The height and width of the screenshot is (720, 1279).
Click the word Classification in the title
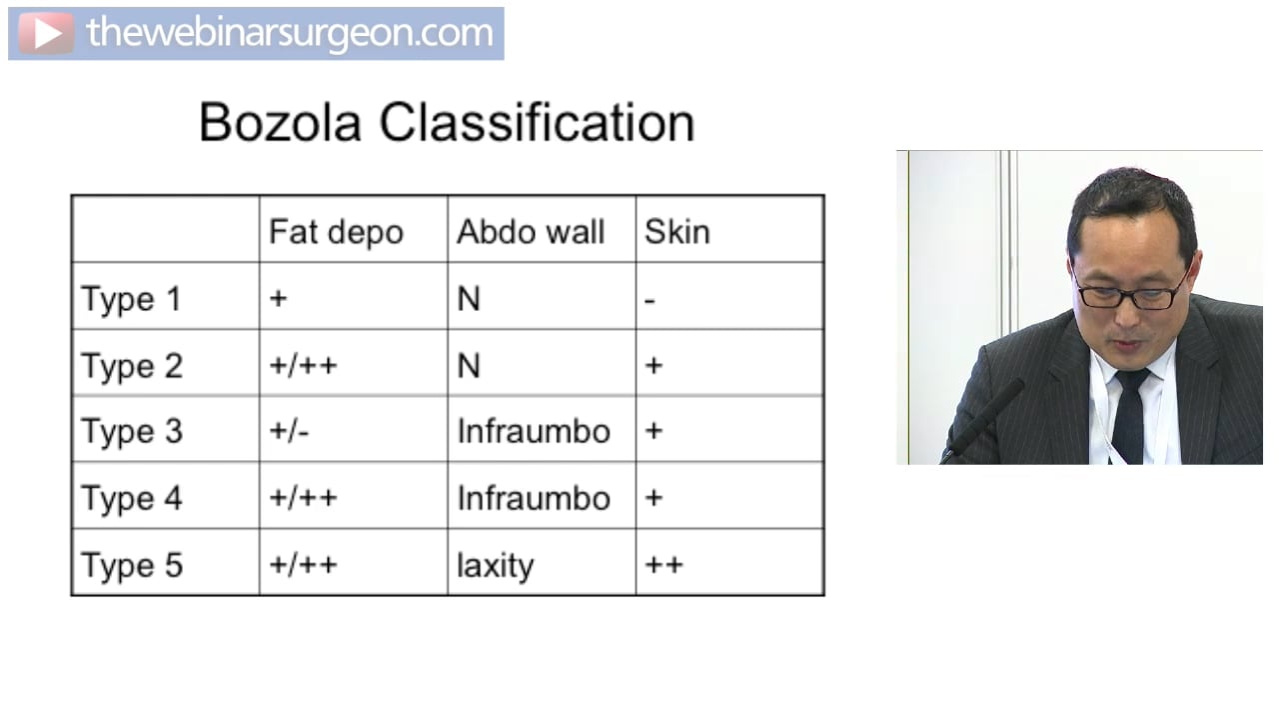click(x=537, y=123)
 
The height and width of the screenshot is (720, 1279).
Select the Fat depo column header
click(x=336, y=232)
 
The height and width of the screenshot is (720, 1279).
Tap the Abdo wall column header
click(x=531, y=232)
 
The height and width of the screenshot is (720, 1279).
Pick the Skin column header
click(x=676, y=232)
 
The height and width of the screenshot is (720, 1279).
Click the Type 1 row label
click(x=131, y=299)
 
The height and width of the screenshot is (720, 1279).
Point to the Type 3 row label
click(x=132, y=432)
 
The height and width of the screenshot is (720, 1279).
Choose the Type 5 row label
click(x=132, y=565)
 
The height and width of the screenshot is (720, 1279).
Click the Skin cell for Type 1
click(x=650, y=299)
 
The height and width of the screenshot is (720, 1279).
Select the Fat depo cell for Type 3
click(x=289, y=432)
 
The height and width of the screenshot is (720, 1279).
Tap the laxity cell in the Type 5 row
click(x=495, y=566)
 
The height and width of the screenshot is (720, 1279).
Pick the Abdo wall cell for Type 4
click(x=534, y=498)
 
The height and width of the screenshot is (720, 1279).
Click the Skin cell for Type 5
click(x=663, y=565)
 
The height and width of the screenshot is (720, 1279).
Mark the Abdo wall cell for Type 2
click(x=469, y=366)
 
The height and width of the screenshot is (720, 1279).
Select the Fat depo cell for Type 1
click(x=278, y=299)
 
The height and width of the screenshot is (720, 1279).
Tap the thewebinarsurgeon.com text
click(x=290, y=33)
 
